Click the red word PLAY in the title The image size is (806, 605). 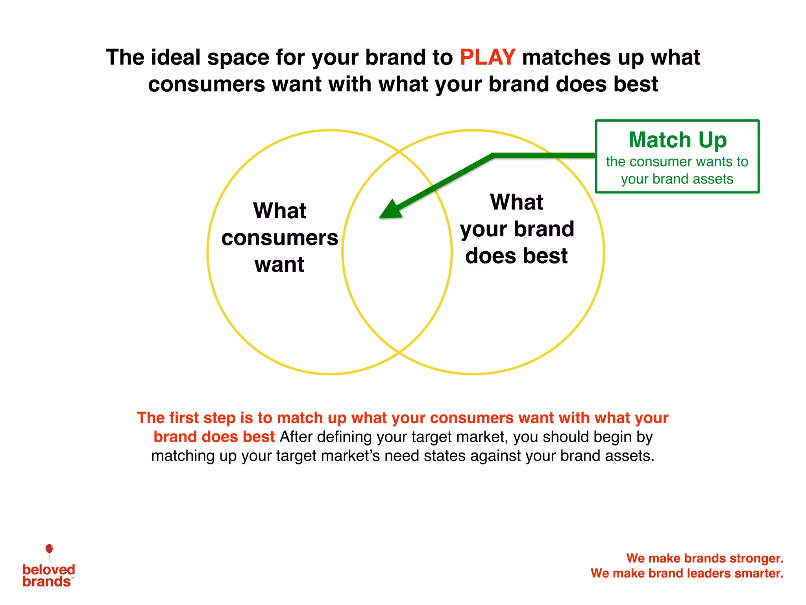tap(487, 58)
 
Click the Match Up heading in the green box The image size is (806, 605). tap(677, 140)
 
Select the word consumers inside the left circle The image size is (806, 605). tap(279, 238)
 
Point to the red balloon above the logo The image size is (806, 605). tap(49, 549)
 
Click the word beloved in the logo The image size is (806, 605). tap(49, 570)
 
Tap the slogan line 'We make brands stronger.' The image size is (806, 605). tap(704, 558)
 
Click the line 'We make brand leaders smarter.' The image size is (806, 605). tap(687, 573)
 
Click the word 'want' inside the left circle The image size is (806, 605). tap(279, 264)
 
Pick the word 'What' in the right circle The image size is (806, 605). tap(516, 202)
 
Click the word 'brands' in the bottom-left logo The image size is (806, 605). tap(46, 582)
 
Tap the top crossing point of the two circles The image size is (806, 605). tap(399, 151)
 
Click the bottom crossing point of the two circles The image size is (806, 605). tap(399, 352)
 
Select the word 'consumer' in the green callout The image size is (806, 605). tap(661, 161)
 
